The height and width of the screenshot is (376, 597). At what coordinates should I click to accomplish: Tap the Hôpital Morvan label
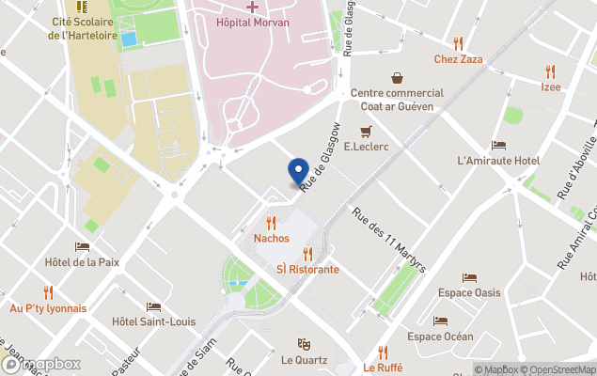pos(253,22)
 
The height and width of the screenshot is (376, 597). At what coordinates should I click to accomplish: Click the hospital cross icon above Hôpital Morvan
pos(253,7)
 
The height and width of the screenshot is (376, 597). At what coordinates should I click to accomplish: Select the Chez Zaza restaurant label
pos(458,59)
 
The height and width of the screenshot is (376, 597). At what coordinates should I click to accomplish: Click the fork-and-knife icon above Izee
pos(550,71)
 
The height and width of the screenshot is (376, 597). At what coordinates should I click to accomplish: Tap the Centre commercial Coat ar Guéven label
pos(397,100)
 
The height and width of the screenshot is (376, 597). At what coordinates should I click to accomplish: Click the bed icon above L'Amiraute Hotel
pos(498,145)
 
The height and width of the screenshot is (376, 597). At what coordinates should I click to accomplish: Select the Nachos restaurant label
pos(272,238)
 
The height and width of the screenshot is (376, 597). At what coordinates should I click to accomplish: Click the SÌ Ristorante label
pos(307,269)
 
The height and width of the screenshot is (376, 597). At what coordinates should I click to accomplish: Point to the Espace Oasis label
pos(469,292)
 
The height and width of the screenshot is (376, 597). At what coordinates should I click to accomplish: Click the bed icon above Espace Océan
pos(440,321)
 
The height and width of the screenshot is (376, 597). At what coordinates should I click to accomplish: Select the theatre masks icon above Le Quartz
pos(304,344)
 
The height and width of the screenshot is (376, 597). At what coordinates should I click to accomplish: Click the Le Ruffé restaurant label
pos(382,368)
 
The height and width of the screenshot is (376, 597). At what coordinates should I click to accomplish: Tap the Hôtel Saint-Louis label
pos(153,321)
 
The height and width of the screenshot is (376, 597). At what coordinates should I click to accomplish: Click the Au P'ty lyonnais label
pos(48,307)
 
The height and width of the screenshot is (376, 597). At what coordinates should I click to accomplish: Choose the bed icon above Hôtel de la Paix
pos(82,246)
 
